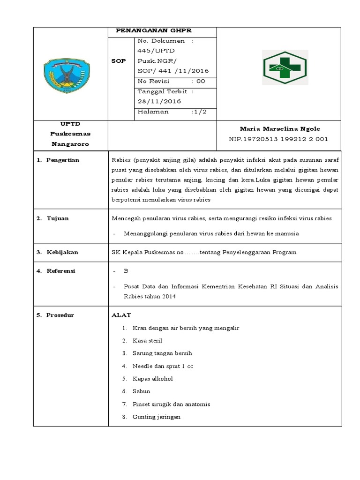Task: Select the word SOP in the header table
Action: [x=118, y=61]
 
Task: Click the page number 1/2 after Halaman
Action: [x=198, y=112]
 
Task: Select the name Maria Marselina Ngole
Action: [x=280, y=129]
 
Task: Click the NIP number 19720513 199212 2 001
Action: [x=278, y=139]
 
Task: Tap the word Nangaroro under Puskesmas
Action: [x=70, y=144]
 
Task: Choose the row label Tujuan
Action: [x=58, y=218]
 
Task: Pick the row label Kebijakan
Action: [x=62, y=252]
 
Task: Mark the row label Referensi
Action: [x=60, y=271]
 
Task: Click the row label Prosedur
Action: [x=60, y=315]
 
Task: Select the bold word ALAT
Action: [x=121, y=315]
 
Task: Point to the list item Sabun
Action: [x=141, y=391]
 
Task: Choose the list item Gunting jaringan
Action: [x=156, y=416]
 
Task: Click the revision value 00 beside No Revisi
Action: [x=201, y=81]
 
